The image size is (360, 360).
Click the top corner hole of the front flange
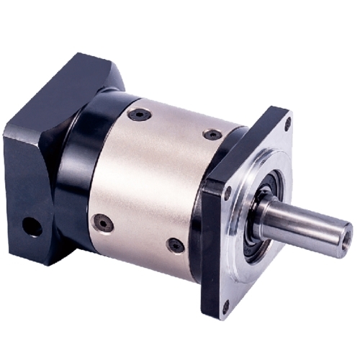287,123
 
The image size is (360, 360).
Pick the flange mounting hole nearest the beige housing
228,193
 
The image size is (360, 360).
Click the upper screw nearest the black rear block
138,114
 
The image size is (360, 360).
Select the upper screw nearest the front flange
212,135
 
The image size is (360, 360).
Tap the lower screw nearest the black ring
104,223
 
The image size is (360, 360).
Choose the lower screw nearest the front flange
175,246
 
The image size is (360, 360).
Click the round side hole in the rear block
32,228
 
